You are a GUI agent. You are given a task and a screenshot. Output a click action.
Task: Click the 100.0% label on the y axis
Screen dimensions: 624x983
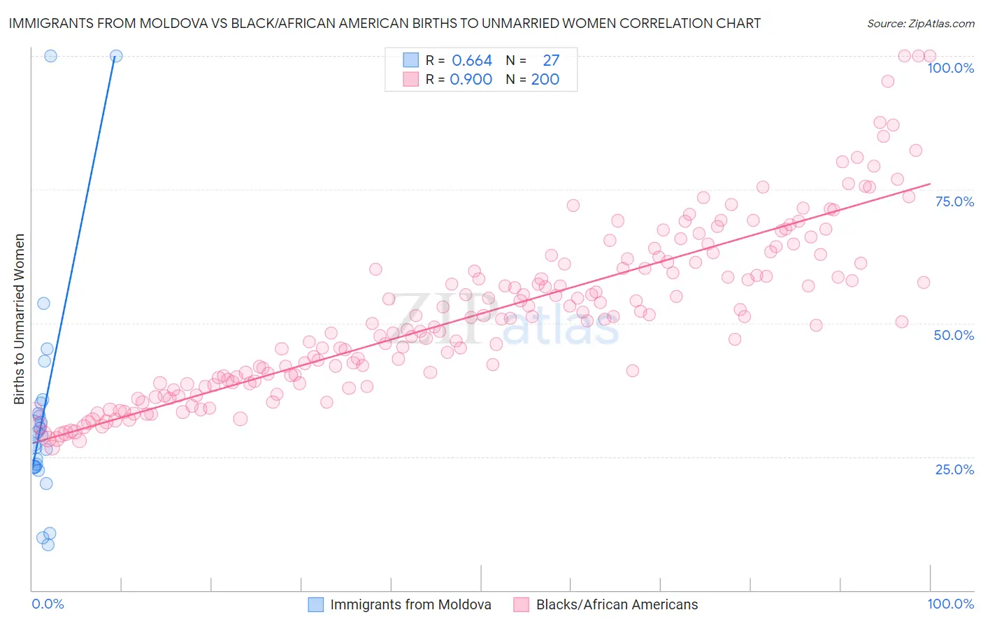[950, 68]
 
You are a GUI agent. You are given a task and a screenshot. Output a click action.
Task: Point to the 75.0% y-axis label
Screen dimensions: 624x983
[954, 201]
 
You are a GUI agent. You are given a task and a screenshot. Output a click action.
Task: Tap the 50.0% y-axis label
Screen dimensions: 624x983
[954, 335]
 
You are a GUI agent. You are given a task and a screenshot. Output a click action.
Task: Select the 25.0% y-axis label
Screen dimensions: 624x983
[954, 469]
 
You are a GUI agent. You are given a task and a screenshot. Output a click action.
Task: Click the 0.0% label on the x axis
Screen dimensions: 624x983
[48, 604]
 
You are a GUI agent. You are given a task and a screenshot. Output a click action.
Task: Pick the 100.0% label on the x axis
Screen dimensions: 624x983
[950, 604]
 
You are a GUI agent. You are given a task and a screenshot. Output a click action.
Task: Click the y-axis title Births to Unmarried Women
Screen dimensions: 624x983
[20, 319]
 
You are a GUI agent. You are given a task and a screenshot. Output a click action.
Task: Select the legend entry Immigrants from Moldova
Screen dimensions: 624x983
[410, 604]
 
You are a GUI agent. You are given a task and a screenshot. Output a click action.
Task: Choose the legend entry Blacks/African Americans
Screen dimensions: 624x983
[617, 604]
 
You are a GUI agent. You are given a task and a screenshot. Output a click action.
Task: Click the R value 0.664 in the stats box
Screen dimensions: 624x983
[472, 61]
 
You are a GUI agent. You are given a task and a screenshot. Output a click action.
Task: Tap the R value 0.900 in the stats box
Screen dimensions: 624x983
[471, 80]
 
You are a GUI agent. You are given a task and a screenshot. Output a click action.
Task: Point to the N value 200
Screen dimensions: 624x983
[545, 80]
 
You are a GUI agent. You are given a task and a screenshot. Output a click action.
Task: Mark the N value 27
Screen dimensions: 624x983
[551, 61]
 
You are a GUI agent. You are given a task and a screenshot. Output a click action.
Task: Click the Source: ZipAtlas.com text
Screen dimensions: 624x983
[920, 24]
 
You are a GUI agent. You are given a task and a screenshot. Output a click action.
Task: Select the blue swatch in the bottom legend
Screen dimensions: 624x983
[316, 604]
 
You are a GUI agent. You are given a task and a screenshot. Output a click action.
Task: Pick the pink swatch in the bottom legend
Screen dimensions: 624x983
[522, 604]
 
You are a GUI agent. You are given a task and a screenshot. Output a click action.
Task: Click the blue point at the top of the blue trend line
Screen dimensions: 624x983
[116, 56]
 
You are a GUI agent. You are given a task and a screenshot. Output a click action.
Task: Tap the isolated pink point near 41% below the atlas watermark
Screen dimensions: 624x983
[633, 371]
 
